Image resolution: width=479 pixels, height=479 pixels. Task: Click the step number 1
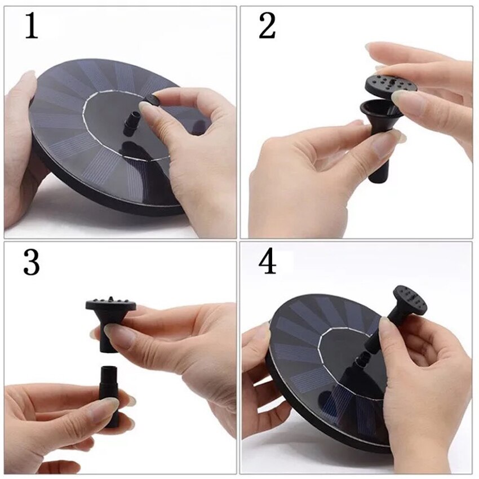click(x=32, y=26)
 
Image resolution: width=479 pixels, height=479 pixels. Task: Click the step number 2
click(x=267, y=26)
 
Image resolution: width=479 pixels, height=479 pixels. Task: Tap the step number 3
click(x=32, y=263)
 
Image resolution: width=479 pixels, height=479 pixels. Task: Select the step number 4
click(x=267, y=263)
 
